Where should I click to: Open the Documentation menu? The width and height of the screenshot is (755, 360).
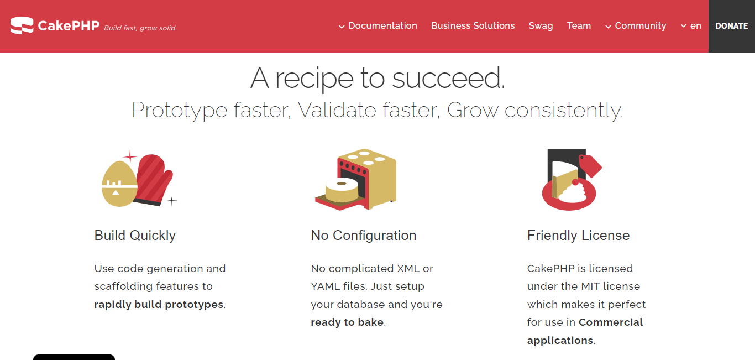(378, 25)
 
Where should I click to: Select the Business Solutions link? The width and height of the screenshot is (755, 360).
(473, 25)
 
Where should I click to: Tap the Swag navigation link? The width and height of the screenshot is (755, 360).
(541, 25)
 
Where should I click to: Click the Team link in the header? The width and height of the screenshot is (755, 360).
(579, 25)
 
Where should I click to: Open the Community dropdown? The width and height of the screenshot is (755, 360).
(636, 25)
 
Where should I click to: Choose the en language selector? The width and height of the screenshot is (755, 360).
(691, 25)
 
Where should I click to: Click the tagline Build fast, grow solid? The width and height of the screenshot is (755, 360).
(140, 28)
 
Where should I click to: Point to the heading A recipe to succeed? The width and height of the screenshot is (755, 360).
(377, 78)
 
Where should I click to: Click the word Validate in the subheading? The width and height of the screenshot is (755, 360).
(329, 110)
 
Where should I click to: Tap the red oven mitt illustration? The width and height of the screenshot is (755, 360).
(154, 180)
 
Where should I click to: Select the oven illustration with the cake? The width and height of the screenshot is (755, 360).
(356, 180)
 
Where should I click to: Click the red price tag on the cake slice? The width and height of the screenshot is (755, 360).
(590, 164)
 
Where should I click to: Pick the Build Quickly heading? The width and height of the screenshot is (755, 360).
(135, 235)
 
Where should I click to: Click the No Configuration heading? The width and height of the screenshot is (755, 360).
(363, 235)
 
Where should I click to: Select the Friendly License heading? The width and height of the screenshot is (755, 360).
(578, 235)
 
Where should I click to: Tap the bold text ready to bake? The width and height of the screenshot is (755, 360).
(347, 322)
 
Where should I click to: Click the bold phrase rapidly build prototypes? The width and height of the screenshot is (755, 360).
(159, 304)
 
